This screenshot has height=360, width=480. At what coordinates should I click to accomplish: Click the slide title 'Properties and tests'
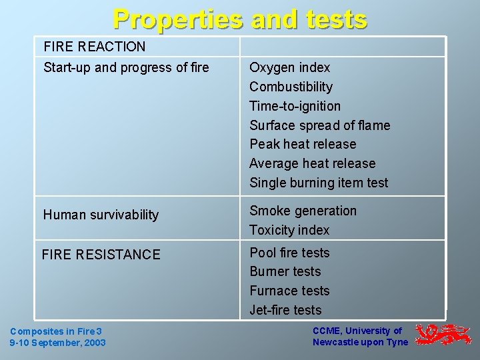(x=240, y=19)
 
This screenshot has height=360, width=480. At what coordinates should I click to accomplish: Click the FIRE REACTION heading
(x=94, y=47)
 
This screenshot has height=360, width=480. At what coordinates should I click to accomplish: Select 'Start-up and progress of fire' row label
(x=126, y=67)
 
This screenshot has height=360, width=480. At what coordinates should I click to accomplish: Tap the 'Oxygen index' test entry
(x=289, y=67)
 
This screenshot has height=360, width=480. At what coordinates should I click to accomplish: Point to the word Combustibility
(x=291, y=87)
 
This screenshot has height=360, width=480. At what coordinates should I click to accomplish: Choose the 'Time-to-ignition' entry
(x=295, y=106)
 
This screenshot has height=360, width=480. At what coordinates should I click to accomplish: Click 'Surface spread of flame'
(x=319, y=125)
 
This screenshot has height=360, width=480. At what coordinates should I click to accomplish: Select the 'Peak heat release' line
(x=303, y=144)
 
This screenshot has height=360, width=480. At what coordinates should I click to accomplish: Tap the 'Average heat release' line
(x=312, y=163)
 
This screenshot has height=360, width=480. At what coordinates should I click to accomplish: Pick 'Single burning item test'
(x=318, y=183)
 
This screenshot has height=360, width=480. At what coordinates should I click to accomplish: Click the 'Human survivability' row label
(x=101, y=215)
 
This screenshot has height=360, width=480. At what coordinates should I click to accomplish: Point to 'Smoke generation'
(x=303, y=211)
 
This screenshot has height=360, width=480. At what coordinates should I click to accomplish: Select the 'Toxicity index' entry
(x=289, y=230)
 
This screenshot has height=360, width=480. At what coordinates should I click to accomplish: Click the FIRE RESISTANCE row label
(x=101, y=254)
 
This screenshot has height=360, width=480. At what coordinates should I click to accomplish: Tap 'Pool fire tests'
(x=289, y=253)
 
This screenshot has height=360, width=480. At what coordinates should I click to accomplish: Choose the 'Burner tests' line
(x=285, y=271)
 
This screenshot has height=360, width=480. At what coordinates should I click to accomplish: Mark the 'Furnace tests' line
(x=289, y=291)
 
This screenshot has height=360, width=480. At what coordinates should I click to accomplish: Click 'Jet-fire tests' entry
(x=285, y=310)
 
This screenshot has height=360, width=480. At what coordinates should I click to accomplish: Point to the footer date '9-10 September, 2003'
(x=57, y=343)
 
